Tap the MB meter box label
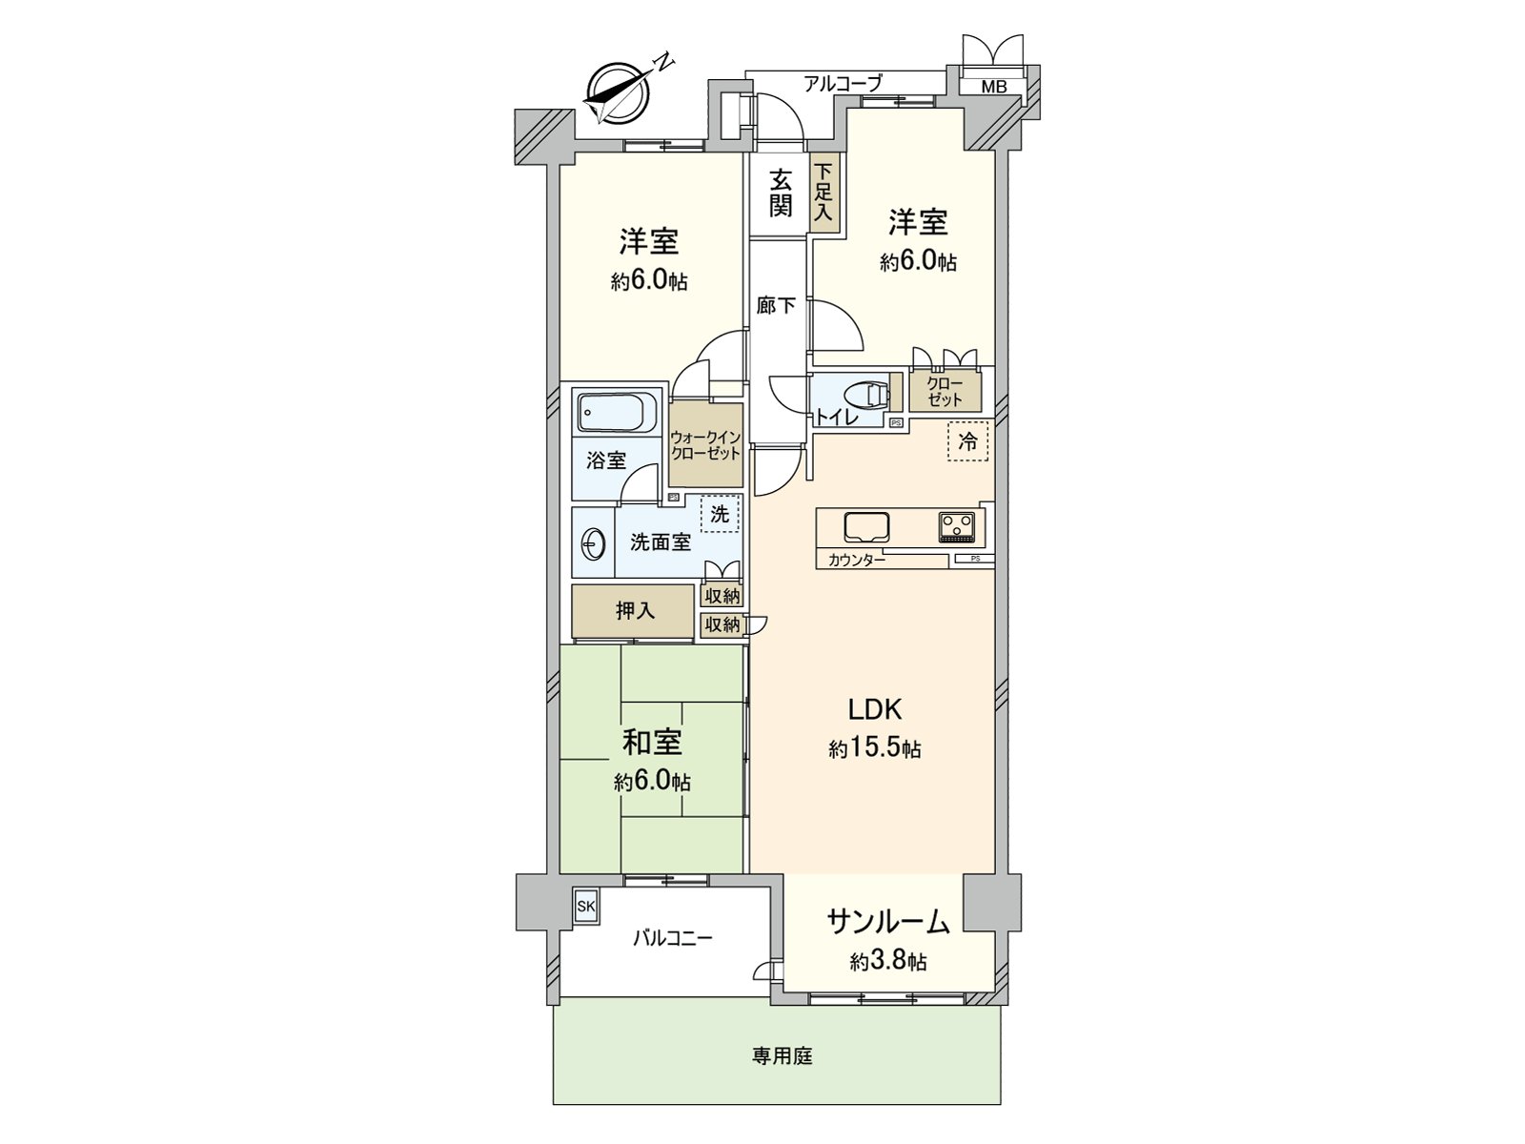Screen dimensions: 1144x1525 coord(994,87)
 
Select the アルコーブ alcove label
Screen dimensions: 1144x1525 coord(842,84)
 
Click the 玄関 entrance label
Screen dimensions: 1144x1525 coord(781,192)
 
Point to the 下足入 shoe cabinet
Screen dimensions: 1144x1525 coord(823,193)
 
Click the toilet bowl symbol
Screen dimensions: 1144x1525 coord(866,393)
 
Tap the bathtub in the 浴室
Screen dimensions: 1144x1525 coord(616,413)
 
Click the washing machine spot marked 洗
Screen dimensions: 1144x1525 coord(720,514)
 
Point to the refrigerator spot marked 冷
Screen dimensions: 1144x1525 coord(967,442)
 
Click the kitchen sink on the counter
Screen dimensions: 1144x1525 coord(865,526)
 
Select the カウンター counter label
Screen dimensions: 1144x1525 coord(857,561)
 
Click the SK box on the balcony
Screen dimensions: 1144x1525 coord(585,906)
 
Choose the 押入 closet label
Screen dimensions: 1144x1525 coord(634,610)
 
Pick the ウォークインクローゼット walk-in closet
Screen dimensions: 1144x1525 coord(705,445)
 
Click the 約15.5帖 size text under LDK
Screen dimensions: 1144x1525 coord(874,748)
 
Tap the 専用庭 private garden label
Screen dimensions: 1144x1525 coord(782,1055)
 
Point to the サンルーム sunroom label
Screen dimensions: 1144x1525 coord(887,922)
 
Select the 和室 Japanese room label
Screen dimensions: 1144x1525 coord(652,742)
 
